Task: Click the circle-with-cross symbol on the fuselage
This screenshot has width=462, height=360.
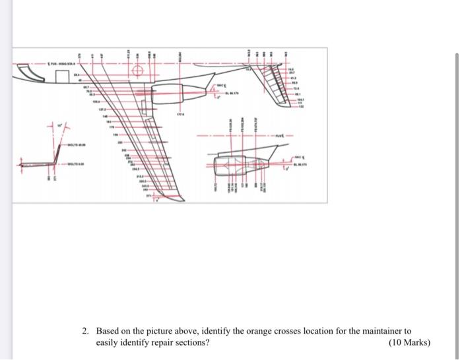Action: coord(138,71)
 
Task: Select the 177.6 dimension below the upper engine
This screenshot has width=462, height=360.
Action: coord(179,113)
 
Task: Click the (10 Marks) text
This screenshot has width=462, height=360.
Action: coord(410,343)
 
